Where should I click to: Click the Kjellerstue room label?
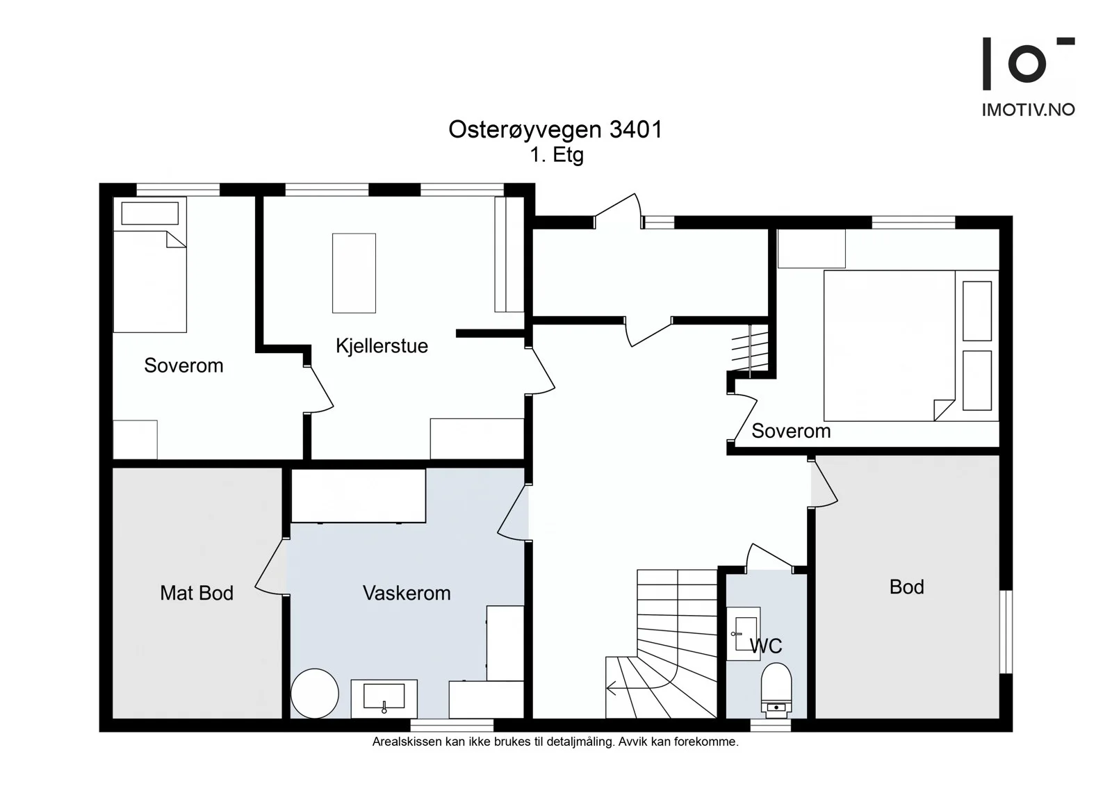pyautogui.click(x=382, y=346)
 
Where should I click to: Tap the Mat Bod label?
pyautogui.click(x=197, y=593)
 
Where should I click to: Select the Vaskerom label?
pyautogui.click(x=407, y=593)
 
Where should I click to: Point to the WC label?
pyautogui.click(x=766, y=646)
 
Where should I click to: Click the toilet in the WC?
pyautogui.click(x=776, y=690)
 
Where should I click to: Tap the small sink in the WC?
pyautogui.click(x=743, y=634)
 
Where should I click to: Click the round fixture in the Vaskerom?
pyautogui.click(x=315, y=694)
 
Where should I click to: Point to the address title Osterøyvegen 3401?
pyautogui.click(x=555, y=129)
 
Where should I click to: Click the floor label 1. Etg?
pyautogui.click(x=557, y=155)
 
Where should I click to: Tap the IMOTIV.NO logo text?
pyautogui.click(x=1028, y=110)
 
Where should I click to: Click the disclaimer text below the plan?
pyautogui.click(x=555, y=742)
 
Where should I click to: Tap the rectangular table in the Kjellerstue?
pyautogui.click(x=354, y=273)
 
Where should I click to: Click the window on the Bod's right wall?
pyautogui.click(x=1006, y=632)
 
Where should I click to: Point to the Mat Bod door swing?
pyautogui.click(x=272, y=566)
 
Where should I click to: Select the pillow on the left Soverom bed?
pyautogui.click(x=150, y=213)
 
